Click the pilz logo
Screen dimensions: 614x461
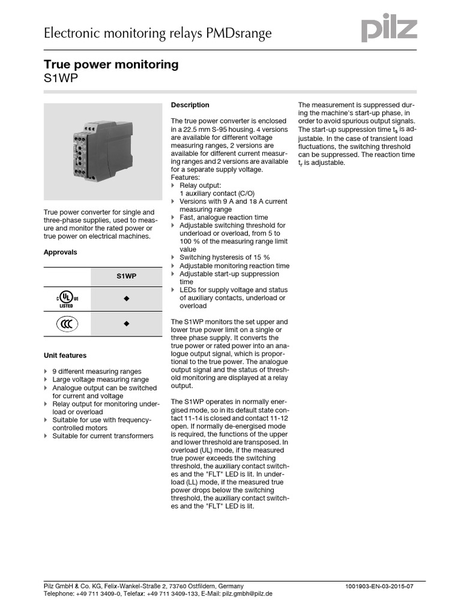(x=388, y=28)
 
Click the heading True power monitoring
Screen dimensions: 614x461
(x=111, y=65)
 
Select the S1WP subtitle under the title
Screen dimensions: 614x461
(x=61, y=79)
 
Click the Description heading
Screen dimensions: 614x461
(x=190, y=105)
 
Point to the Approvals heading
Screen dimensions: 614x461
(x=60, y=252)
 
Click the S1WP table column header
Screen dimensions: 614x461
(x=126, y=276)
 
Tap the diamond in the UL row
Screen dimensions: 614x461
(x=126, y=299)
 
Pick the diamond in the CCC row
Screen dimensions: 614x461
(x=126, y=324)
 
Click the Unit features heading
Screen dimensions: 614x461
(x=65, y=356)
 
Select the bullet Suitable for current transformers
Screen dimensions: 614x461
(x=103, y=436)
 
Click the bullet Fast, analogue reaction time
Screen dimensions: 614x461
(x=223, y=217)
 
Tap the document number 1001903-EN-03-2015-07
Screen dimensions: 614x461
(x=379, y=586)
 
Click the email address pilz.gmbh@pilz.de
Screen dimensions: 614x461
(x=247, y=593)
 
